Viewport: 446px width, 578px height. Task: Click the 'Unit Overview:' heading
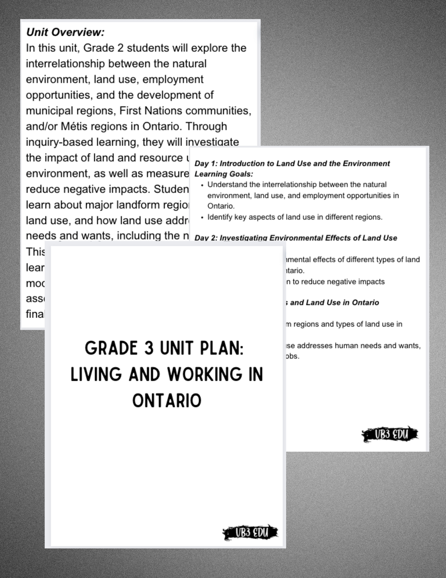(x=65, y=32)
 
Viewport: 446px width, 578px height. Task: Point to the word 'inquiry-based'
(x=59, y=142)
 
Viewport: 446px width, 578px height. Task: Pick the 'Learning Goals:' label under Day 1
(x=224, y=174)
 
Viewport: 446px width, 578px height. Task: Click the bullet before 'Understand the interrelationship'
(x=202, y=185)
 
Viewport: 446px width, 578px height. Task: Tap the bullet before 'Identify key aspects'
(x=202, y=217)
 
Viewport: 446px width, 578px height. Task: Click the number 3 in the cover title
(x=148, y=348)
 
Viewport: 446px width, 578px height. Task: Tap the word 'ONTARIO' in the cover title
(x=167, y=401)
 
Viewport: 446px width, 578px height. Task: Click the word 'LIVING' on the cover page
(x=96, y=374)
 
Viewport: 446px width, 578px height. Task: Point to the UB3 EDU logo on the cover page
(x=250, y=532)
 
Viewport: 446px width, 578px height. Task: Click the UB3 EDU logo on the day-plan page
(x=390, y=434)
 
